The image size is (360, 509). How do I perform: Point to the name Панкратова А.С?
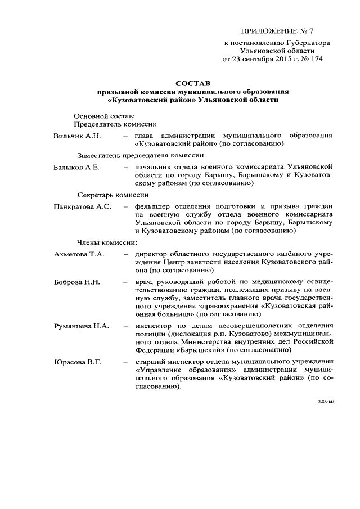click(x=83, y=206)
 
